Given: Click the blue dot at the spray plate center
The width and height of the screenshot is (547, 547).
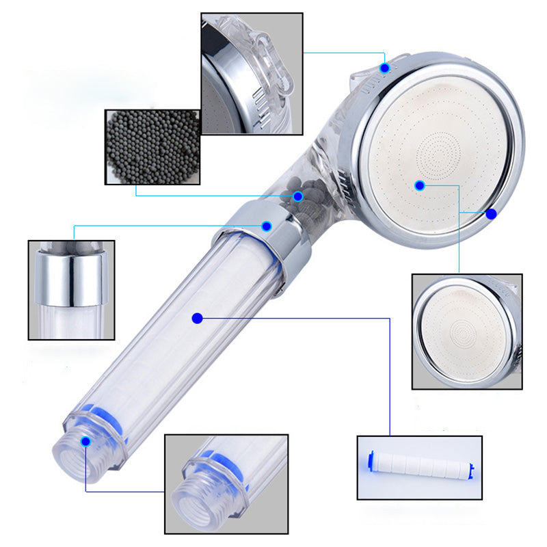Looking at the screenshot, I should [x=420, y=185].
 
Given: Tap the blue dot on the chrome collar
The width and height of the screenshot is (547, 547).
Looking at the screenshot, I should [x=267, y=226].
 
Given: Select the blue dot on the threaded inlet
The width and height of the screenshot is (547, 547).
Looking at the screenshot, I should [x=85, y=441].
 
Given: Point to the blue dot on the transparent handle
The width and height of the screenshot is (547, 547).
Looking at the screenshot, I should [x=198, y=317].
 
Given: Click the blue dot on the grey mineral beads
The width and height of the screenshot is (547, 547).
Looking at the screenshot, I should [x=298, y=196].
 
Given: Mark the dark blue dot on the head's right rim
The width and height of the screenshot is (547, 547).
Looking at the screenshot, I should [x=491, y=213].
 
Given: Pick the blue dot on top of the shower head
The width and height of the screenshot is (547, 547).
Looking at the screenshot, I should [x=385, y=68].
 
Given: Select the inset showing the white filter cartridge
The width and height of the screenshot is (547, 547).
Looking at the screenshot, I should [x=419, y=467].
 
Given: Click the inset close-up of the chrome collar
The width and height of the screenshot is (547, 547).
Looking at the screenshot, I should [x=70, y=289].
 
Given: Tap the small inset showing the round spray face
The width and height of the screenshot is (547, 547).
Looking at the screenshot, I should [x=467, y=332].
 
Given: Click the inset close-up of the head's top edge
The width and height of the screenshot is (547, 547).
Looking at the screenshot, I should [x=251, y=74].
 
